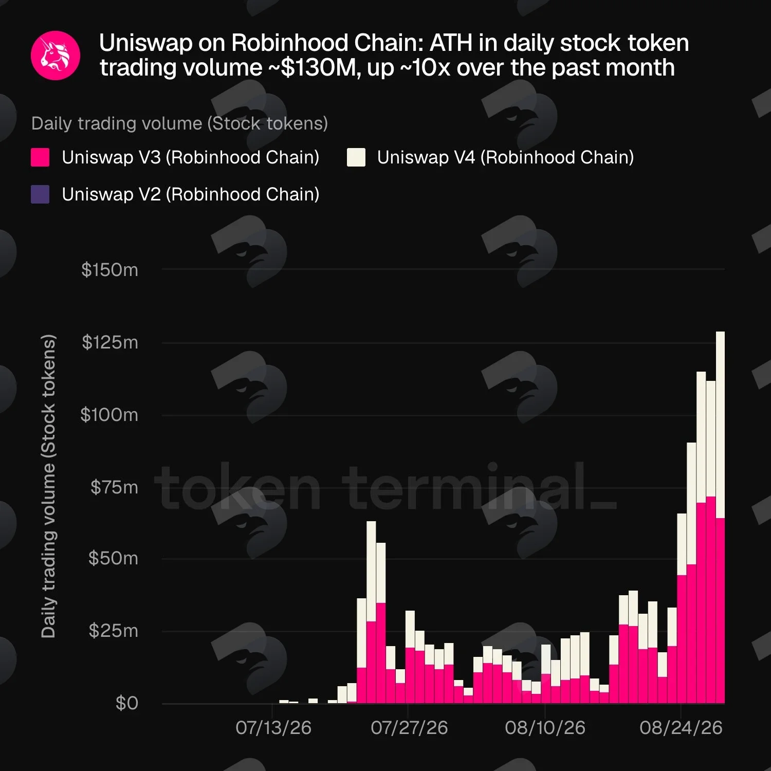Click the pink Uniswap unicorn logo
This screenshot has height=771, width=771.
point(56,56)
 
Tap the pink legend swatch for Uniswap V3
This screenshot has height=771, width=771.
point(40,157)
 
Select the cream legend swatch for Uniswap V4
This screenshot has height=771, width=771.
point(356,157)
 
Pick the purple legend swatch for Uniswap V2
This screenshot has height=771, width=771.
point(40,194)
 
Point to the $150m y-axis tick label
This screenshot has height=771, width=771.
point(109,270)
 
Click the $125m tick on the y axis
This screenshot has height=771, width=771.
point(110,342)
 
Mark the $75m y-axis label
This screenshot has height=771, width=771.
point(114,487)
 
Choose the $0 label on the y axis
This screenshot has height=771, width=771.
point(127,703)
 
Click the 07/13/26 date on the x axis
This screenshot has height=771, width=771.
point(273,728)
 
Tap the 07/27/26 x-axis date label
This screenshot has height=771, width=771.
point(409,728)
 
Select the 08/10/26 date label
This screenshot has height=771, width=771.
point(545,728)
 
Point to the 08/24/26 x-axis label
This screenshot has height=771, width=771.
point(681,728)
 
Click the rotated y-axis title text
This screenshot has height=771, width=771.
point(48,486)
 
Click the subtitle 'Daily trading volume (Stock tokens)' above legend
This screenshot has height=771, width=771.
point(179,124)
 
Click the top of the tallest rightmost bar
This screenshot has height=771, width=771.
point(720,332)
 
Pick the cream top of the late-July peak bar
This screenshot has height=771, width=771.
point(371,522)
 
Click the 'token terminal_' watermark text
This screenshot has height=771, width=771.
point(385,486)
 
